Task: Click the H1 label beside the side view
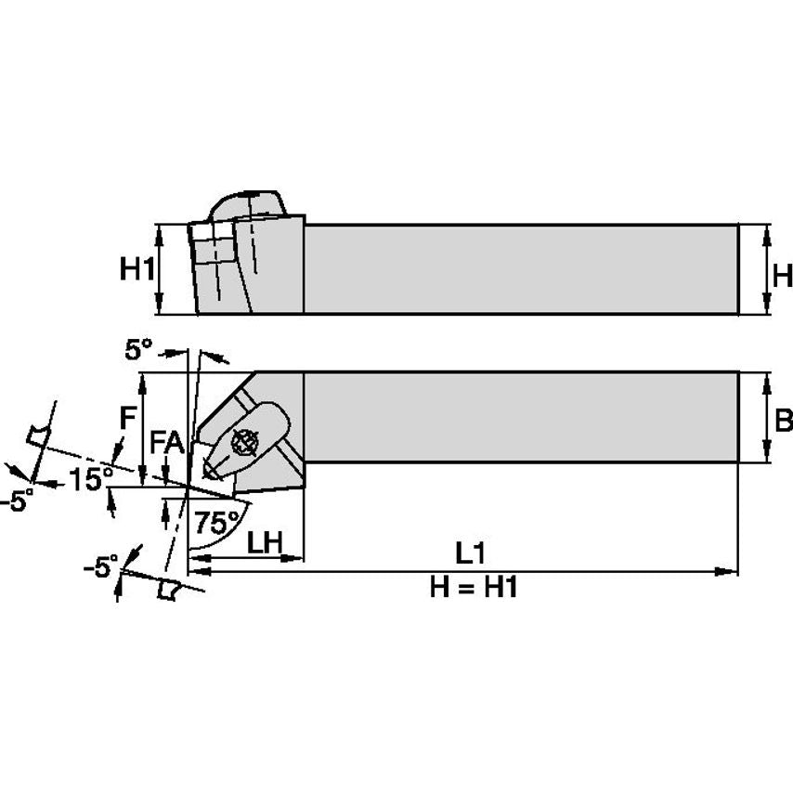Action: pos(136,270)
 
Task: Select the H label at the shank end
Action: pos(782,275)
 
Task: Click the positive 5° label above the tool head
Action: pos(137,349)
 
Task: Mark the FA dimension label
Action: pos(167,448)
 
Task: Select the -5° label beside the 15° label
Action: pos(17,500)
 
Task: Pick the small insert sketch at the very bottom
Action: pos(167,589)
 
